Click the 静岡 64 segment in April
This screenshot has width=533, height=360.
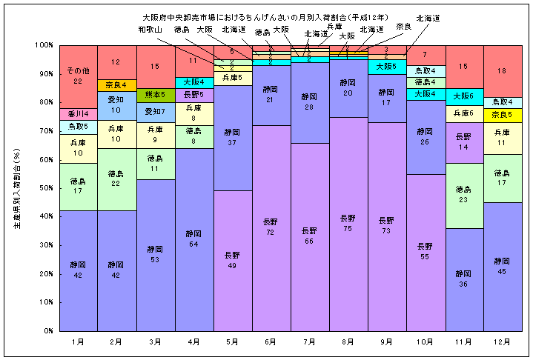pyautogui.click(x=193, y=239)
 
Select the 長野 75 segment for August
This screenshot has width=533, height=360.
pyautogui.click(x=348, y=223)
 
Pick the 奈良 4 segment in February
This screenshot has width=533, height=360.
pyautogui.click(x=116, y=84)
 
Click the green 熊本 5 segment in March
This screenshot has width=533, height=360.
pyautogui.click(x=154, y=95)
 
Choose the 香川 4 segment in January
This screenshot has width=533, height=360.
pyautogui.click(x=77, y=114)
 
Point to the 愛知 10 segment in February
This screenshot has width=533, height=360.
pyautogui.click(x=116, y=106)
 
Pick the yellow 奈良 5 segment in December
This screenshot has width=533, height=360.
pyautogui.click(x=502, y=115)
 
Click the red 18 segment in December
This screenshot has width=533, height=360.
pyautogui.click(x=502, y=71)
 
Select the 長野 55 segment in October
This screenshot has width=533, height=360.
pyautogui.click(x=425, y=252)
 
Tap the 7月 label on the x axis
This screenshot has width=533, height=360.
pyautogui.click(x=309, y=341)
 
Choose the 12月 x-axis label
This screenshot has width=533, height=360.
pyautogui.click(x=502, y=341)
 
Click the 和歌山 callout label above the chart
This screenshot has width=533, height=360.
pyautogui.click(x=150, y=30)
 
